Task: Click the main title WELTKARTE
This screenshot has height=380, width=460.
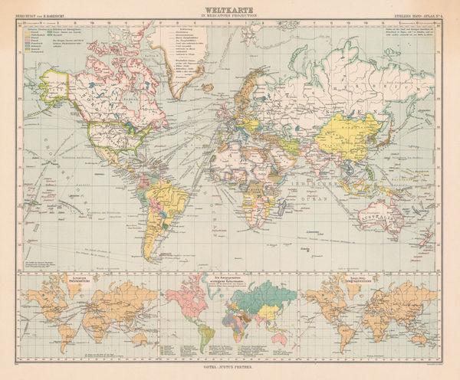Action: [230, 9]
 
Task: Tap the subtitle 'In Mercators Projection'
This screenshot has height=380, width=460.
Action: [230, 15]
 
